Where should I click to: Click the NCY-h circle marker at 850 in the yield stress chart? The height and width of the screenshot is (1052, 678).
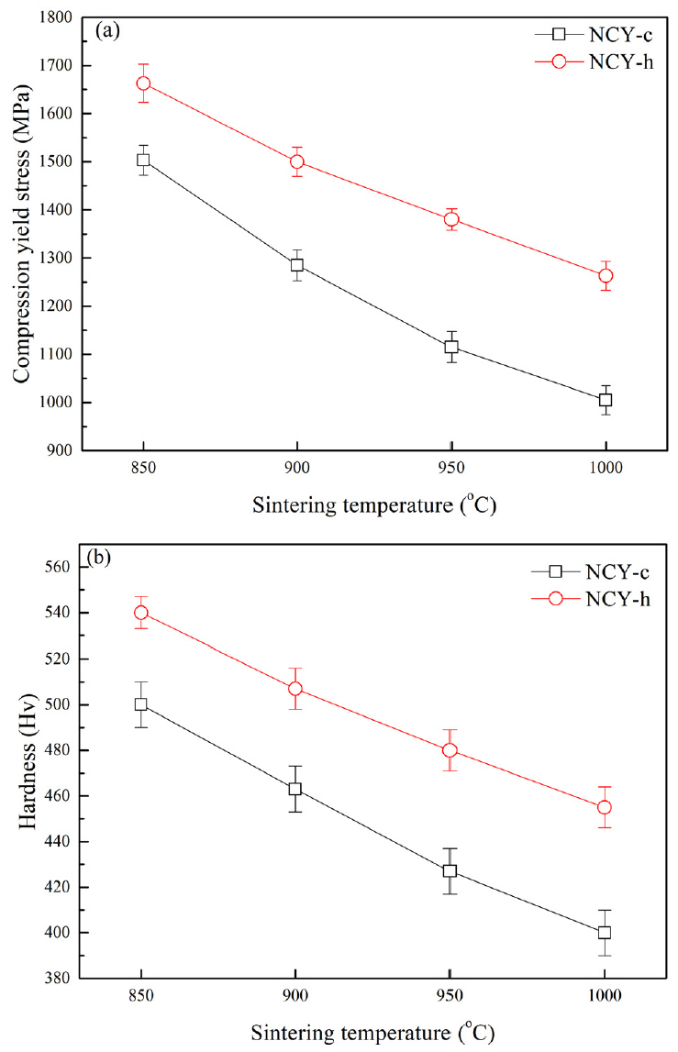click(143, 83)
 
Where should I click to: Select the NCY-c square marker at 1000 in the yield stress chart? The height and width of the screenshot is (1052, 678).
click(605, 400)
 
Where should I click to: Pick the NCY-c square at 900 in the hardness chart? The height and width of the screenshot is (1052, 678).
click(295, 789)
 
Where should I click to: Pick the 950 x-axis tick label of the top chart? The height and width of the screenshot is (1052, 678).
click(450, 467)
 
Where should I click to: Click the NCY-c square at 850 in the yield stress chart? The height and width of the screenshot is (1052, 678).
click(143, 160)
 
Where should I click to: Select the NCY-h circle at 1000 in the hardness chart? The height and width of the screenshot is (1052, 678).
click(604, 807)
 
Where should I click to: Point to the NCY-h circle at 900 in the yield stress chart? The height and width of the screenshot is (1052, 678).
click(296, 161)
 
